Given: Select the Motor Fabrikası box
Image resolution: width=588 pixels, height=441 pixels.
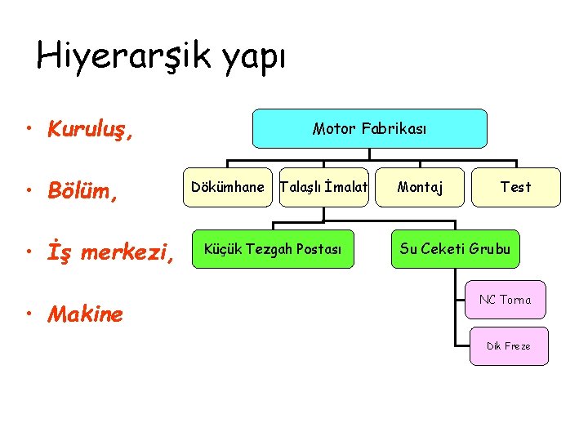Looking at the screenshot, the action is tap(369, 128).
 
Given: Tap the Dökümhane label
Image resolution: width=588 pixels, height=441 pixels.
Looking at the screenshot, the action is tap(227, 187).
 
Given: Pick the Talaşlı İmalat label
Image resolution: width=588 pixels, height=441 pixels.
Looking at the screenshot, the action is tap(324, 187).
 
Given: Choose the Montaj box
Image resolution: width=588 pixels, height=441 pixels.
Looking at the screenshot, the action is tap(421, 187).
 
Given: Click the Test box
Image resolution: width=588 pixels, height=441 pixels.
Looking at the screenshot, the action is tap(515, 187).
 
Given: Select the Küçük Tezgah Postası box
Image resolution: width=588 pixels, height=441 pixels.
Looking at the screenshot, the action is tap(274, 249).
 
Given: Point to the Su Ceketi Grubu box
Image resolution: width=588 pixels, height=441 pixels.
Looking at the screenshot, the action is tap(455, 249).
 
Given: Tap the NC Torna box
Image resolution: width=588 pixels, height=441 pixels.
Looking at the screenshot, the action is tap(505, 300).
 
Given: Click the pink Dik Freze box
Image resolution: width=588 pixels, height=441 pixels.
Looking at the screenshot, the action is tap(508, 346).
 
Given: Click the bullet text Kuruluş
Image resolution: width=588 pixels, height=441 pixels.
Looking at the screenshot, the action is tap(91, 129).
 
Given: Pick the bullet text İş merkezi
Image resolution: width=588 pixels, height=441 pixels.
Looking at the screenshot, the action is tap(111, 253).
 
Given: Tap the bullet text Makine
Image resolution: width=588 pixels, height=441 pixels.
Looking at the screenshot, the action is tap(86, 314).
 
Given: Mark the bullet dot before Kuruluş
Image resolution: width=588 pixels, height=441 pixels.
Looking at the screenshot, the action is tap(29, 129).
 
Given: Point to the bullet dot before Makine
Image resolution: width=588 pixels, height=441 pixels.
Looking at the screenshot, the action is tap(29, 314).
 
